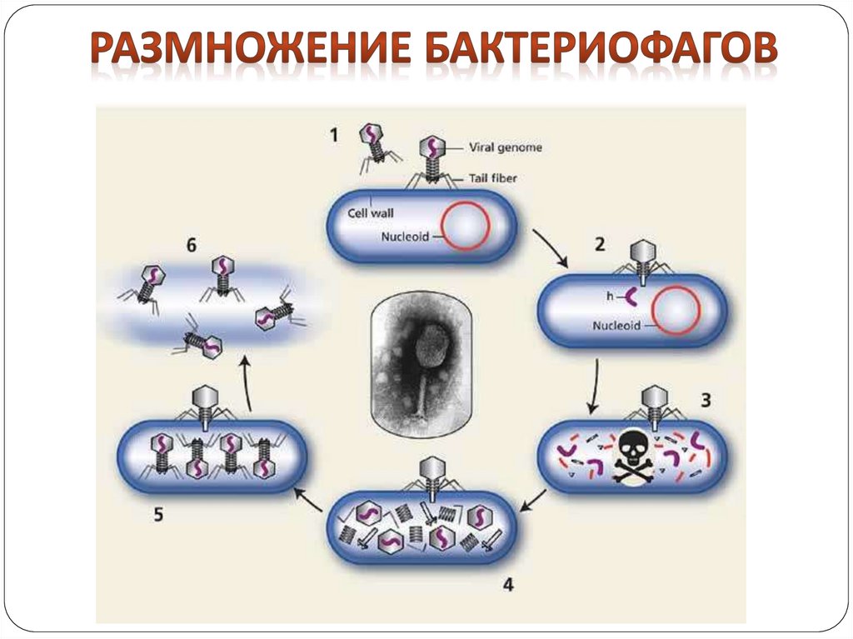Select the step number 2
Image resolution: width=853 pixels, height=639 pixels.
coord(598,244)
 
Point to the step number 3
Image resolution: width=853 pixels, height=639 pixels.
coord(705,400)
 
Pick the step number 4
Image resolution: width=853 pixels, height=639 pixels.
coord(507,585)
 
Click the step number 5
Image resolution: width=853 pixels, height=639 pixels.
coord(157,514)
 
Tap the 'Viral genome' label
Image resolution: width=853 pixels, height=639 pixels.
coord(506,147)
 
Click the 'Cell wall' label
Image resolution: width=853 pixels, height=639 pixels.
coord(371,212)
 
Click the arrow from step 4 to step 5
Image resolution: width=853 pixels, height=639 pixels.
coord(307,498)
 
